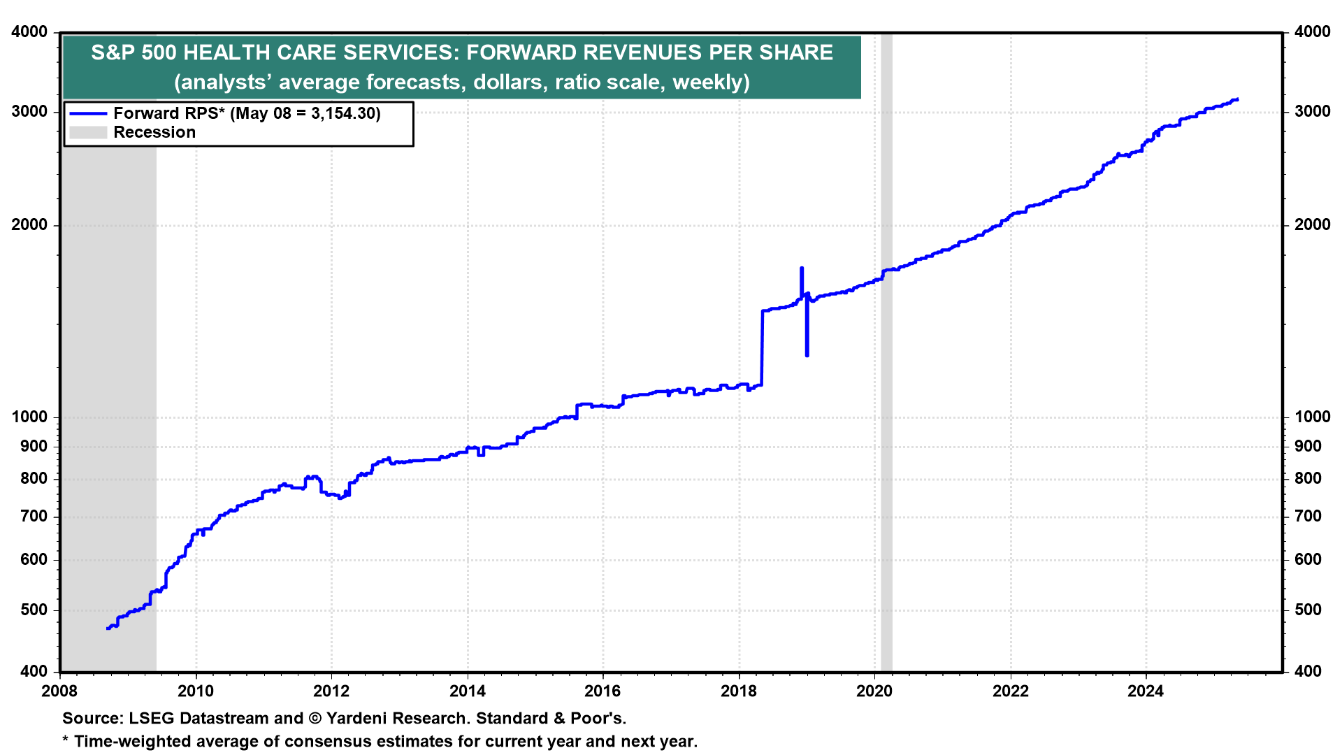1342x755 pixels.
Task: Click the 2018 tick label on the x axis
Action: click(739, 691)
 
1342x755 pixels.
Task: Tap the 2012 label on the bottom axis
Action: click(331, 691)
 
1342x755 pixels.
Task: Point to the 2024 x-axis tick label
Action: click(1146, 691)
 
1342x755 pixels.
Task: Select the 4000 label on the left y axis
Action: click(30, 32)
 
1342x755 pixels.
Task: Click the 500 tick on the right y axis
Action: click(1308, 610)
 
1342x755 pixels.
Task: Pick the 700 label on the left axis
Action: click(34, 517)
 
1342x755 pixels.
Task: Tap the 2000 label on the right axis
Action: click(1313, 225)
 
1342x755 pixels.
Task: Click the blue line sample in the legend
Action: click(88, 113)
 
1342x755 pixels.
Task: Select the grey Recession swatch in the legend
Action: click(88, 133)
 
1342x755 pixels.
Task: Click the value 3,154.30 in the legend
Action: click(343, 113)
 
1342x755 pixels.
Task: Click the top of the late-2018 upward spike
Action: click(802, 268)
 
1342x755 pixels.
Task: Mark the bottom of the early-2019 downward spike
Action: click(807, 356)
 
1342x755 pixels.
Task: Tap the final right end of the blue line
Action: click(1238, 99)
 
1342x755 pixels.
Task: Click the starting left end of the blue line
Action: click(107, 628)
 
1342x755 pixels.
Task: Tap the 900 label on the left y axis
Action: click(34, 447)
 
